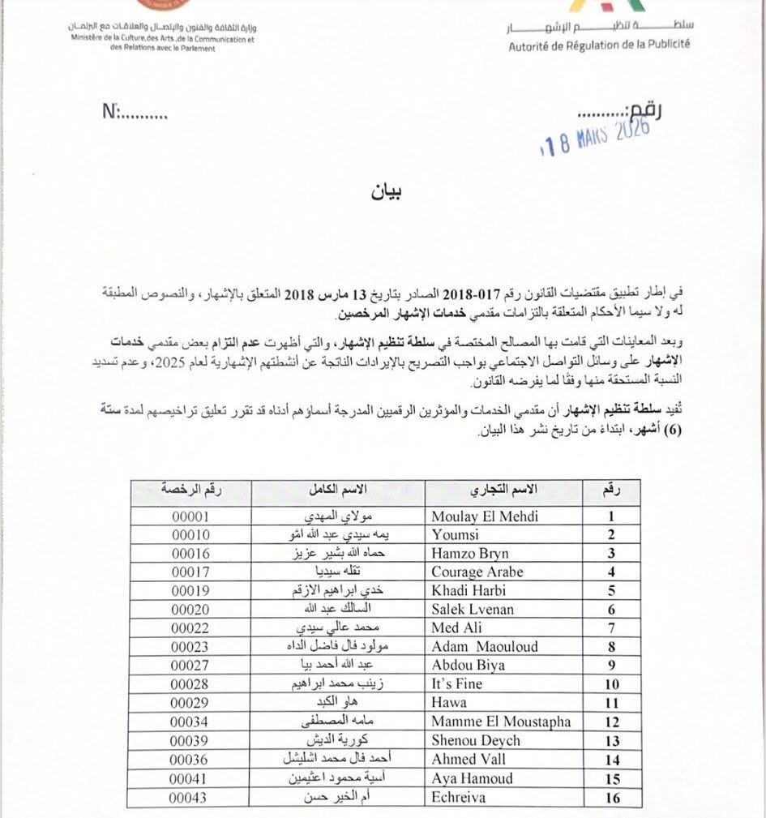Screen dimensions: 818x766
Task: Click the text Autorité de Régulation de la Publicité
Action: [x=600, y=45]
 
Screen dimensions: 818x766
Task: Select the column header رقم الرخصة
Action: [x=192, y=491]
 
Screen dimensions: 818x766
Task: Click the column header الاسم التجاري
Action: [x=505, y=491]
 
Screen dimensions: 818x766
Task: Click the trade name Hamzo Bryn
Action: [x=470, y=553]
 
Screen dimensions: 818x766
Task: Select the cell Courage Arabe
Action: [x=477, y=572]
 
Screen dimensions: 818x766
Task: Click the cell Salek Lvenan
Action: [x=473, y=609]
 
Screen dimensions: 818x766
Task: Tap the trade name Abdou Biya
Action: [x=469, y=665]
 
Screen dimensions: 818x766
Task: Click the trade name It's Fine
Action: [x=458, y=683]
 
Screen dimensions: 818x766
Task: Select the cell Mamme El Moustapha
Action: [x=501, y=722]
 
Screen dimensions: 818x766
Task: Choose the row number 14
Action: [x=612, y=760]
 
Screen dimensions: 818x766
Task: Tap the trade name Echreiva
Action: [x=459, y=797]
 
